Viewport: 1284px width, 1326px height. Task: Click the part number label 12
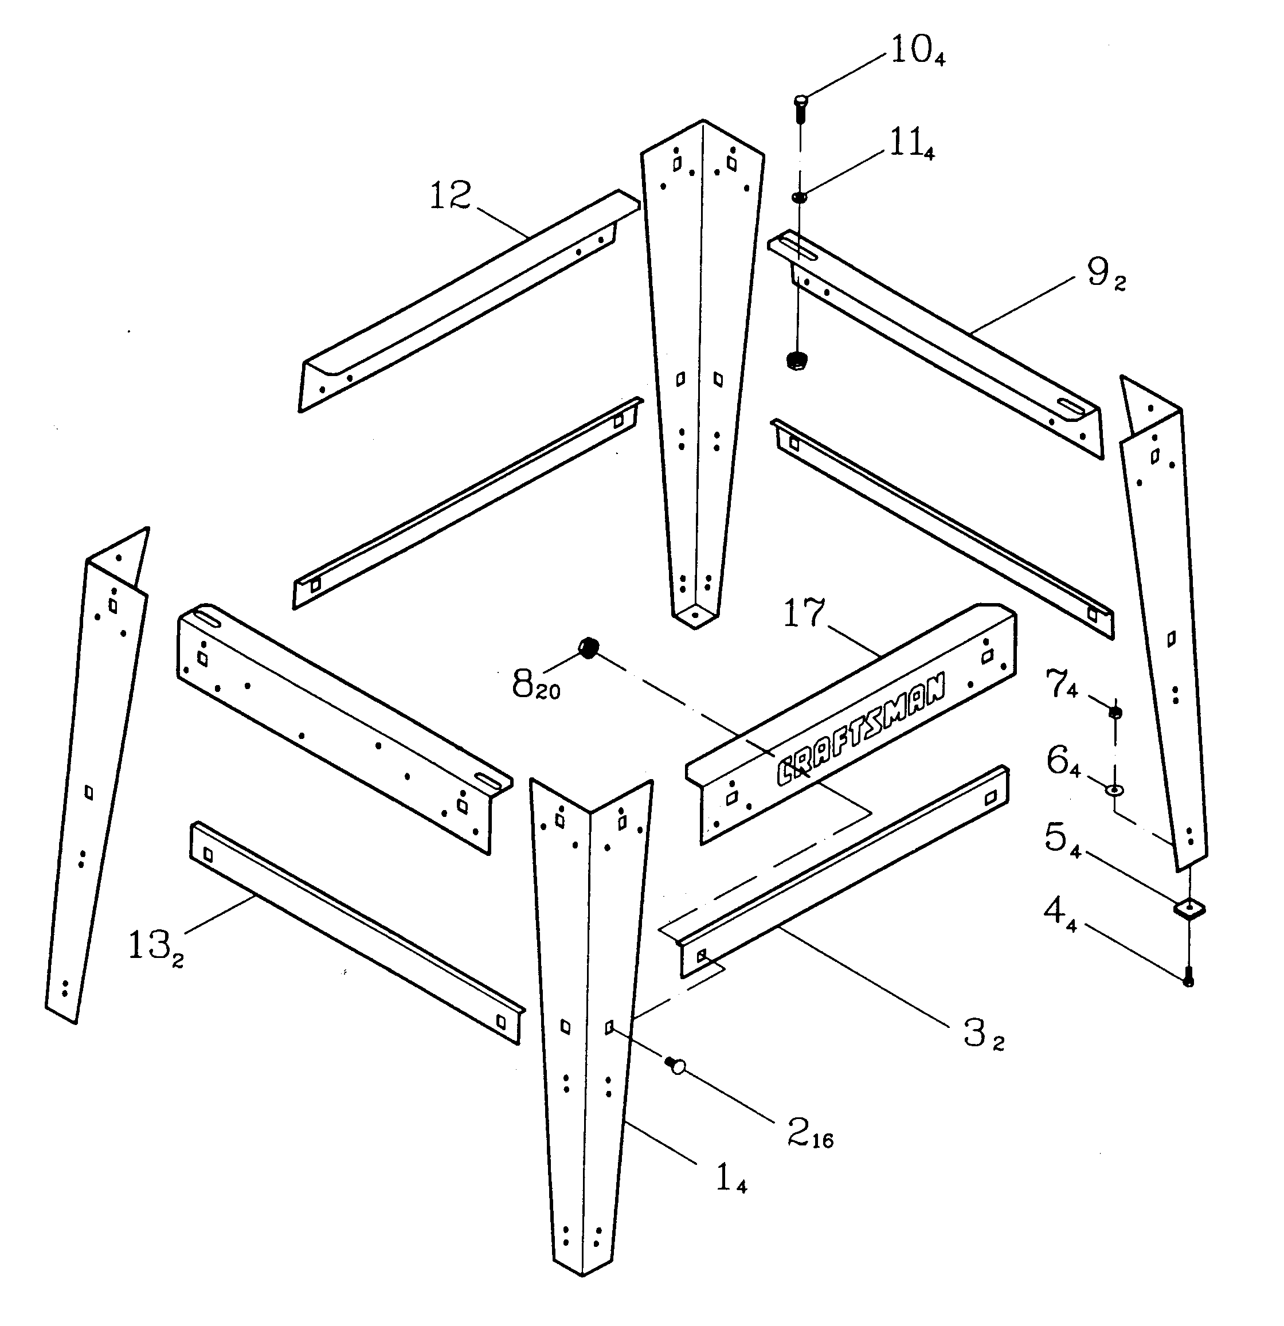[x=451, y=196]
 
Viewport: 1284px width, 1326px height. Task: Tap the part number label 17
[x=804, y=613]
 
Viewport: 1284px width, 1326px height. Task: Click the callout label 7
[x=1062, y=684]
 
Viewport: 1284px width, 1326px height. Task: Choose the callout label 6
[x=1063, y=762]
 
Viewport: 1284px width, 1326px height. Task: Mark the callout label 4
[x=1059, y=914]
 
